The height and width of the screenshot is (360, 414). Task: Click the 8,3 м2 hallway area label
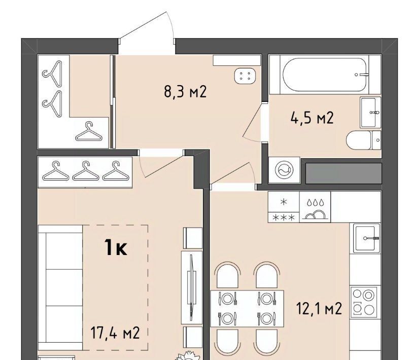click(x=185, y=92)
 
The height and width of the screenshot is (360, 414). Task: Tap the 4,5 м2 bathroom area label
click(x=312, y=118)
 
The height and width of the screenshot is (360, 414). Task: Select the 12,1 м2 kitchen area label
click(x=319, y=308)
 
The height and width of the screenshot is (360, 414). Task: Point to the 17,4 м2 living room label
click(x=115, y=333)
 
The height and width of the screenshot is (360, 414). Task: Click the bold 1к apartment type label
click(x=116, y=247)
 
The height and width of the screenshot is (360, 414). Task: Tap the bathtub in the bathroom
click(x=325, y=75)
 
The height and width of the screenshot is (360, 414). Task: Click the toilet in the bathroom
click(x=363, y=140)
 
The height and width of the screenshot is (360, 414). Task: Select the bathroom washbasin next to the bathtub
click(x=370, y=113)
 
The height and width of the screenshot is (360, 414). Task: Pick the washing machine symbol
click(x=284, y=170)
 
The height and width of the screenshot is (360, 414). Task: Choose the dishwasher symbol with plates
click(x=315, y=207)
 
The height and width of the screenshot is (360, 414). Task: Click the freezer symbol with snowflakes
click(x=284, y=207)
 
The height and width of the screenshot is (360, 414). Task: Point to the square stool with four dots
click(x=245, y=76)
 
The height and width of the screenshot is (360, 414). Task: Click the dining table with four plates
click(x=247, y=309)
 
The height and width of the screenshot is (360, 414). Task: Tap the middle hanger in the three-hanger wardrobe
click(x=86, y=171)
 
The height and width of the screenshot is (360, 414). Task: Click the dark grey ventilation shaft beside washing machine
click(x=344, y=173)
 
